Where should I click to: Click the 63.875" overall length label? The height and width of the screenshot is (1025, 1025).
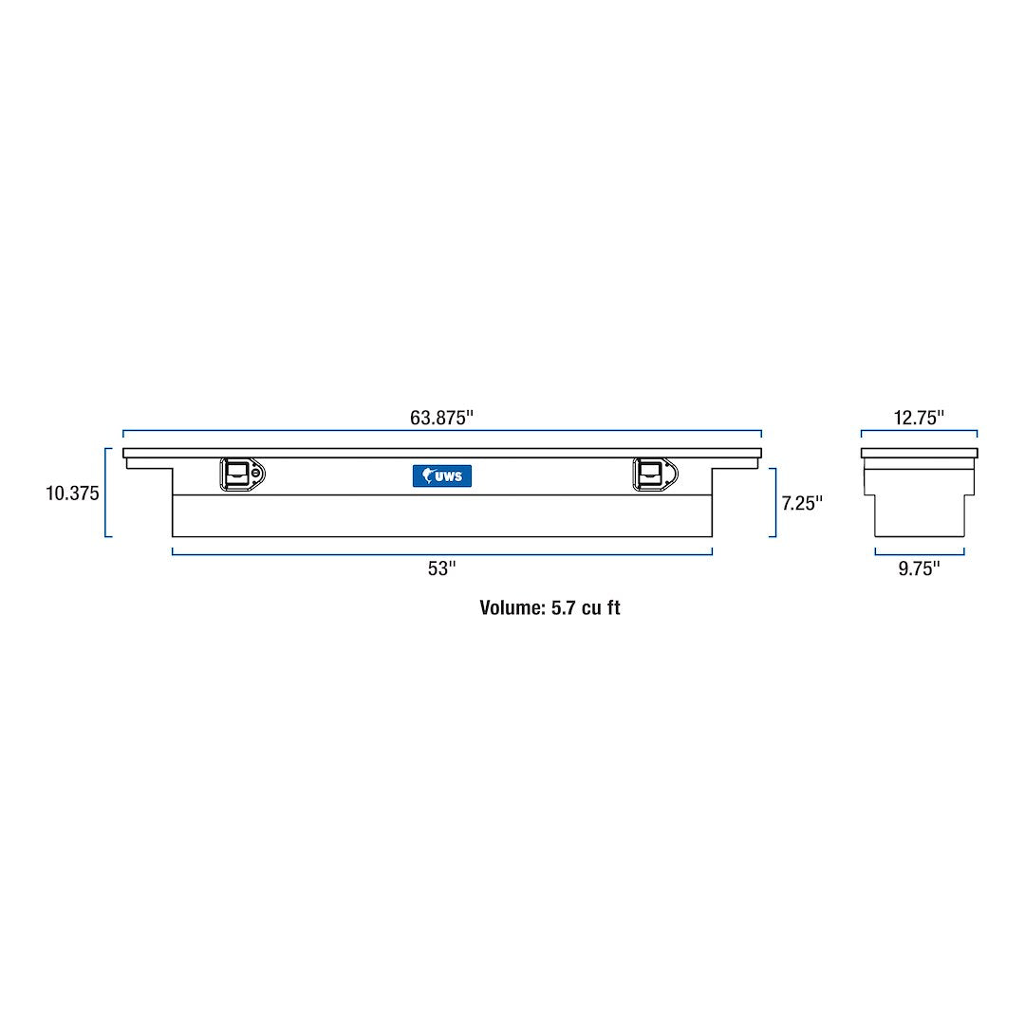[x=441, y=418]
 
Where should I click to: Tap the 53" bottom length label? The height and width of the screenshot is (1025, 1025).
[x=441, y=568]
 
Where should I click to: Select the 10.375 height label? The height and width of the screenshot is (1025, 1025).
[x=72, y=494]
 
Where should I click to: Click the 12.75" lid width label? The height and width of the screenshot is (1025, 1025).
[x=919, y=418]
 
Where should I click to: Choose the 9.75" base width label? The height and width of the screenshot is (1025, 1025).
[x=919, y=568]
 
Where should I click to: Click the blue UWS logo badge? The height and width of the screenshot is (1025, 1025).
[x=442, y=475]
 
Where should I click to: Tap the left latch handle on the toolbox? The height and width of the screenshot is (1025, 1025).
[x=237, y=474]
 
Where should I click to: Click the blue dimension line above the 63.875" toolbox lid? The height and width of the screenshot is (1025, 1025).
[x=441, y=433]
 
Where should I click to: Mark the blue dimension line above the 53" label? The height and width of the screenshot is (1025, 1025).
[x=441, y=553]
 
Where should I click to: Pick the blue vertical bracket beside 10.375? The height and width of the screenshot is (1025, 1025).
[x=106, y=493]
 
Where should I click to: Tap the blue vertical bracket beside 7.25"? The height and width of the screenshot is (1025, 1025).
[x=774, y=502]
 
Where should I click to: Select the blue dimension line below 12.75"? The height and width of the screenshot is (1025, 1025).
[x=919, y=433]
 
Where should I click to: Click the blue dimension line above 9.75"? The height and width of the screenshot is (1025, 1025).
[x=919, y=553]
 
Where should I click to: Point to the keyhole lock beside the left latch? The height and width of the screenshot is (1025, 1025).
[x=256, y=474]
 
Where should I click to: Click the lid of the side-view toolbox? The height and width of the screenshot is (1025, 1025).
[x=919, y=453]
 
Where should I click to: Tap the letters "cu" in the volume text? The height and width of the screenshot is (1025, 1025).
[x=593, y=608]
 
